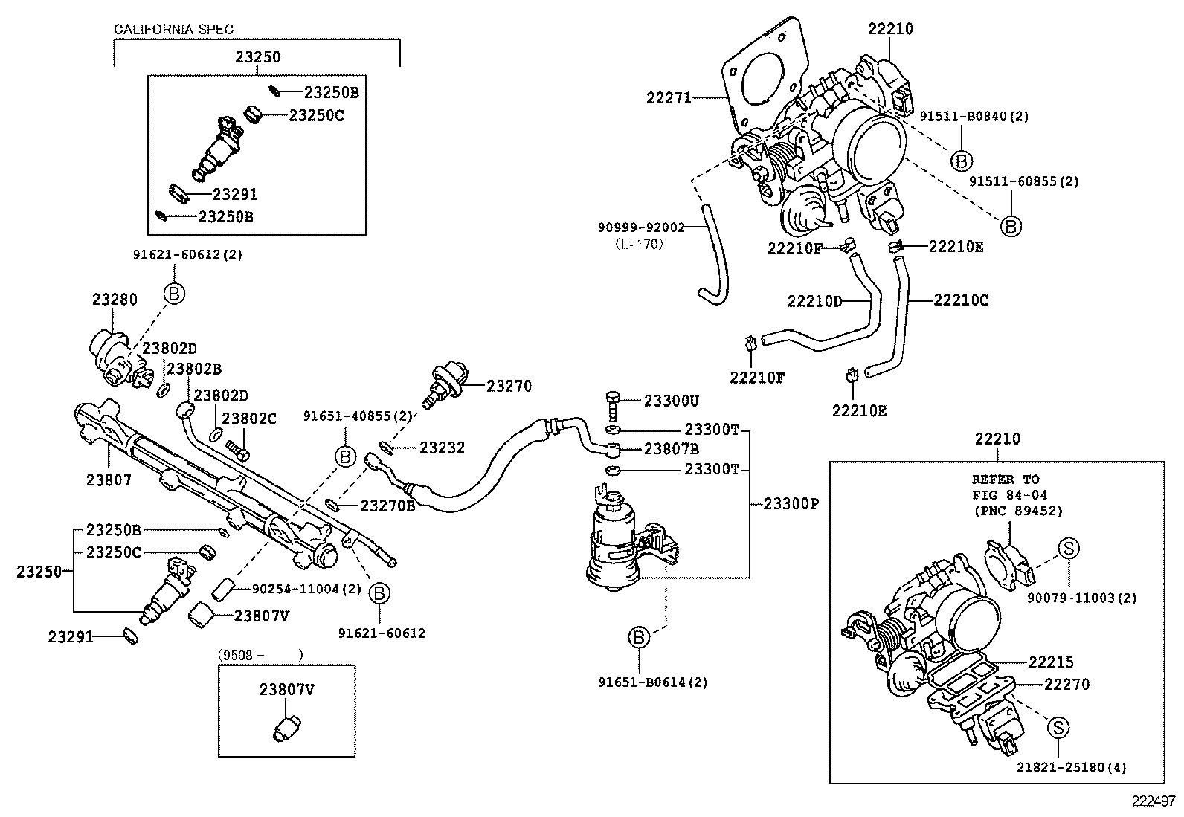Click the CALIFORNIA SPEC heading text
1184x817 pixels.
173,30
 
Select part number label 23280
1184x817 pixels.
115,300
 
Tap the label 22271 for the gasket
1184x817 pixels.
669,98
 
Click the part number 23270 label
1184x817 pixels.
509,387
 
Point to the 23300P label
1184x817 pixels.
791,503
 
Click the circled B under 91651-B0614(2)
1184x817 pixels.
639,638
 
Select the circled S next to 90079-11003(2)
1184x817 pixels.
1068,549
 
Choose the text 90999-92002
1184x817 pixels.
641,227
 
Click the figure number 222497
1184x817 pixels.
1154,801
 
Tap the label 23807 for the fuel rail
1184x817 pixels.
109,480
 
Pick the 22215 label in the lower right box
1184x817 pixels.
1051,662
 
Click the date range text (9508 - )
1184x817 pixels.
260,655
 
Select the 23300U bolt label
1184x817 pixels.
671,401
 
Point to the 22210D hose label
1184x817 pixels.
814,301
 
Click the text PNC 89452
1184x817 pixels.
1018,511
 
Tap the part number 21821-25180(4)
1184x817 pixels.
1072,767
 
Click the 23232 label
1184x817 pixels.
442,448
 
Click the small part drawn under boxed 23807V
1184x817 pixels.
285,727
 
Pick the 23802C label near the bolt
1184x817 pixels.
249,419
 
